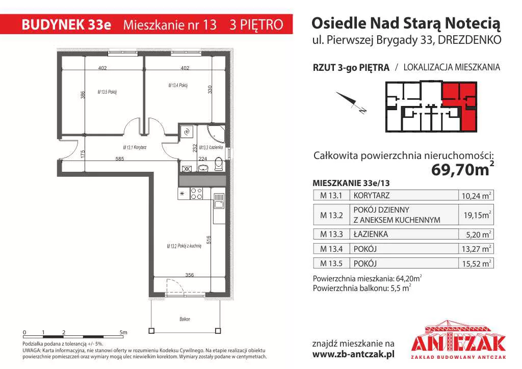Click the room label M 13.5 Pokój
(x=107, y=92)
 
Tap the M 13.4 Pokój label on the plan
(x=178, y=86)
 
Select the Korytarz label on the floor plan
(x=135, y=147)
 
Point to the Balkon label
(x=185, y=319)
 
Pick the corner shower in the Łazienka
(x=216, y=134)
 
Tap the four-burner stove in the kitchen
(x=196, y=194)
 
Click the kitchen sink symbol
(x=219, y=201)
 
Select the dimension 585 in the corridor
(x=120, y=159)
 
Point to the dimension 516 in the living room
(x=208, y=240)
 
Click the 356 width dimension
(x=190, y=275)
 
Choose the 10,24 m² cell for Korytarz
(x=476, y=195)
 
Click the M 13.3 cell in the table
(x=331, y=234)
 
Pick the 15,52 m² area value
(x=477, y=263)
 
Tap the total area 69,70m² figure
(x=462, y=169)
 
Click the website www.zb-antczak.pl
(x=353, y=354)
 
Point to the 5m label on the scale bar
(x=123, y=332)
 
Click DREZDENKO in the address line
(x=469, y=40)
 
